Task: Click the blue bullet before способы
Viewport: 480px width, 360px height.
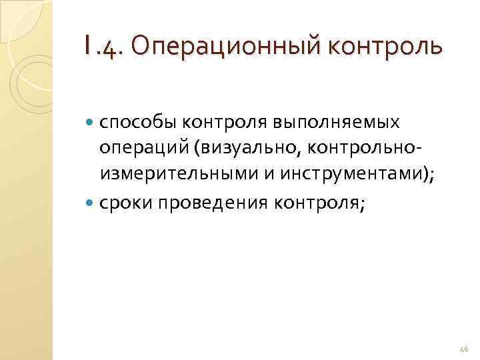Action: click(91, 123)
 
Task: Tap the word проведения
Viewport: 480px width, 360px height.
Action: click(208, 203)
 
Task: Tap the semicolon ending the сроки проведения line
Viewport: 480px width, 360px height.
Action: click(362, 204)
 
